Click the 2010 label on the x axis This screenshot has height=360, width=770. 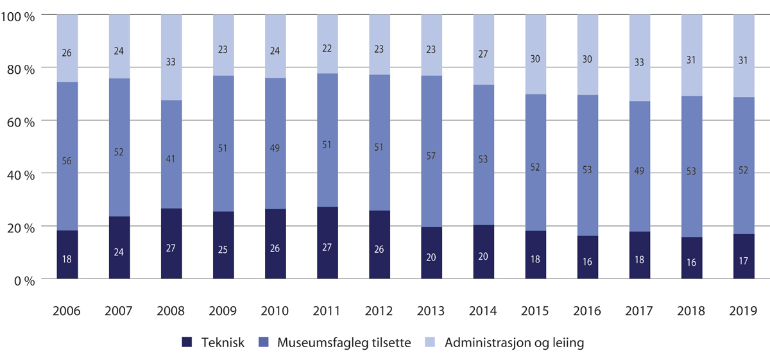(x=275, y=312)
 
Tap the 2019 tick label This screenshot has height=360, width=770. (x=744, y=312)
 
